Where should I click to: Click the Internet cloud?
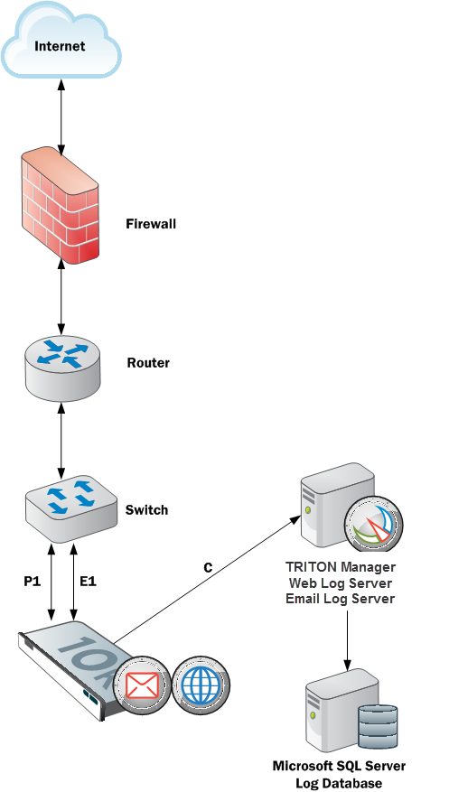click(61, 40)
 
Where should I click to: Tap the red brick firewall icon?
click(61, 205)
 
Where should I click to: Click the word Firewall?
click(151, 223)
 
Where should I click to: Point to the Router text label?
click(148, 363)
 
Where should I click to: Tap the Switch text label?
click(146, 509)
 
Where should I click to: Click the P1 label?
click(32, 582)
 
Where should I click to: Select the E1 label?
click(88, 582)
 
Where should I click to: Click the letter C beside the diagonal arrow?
click(208, 568)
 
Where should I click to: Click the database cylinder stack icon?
click(378, 726)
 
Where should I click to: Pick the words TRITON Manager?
click(341, 566)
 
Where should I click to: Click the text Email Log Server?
click(340, 599)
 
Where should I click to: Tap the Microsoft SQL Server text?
click(339, 766)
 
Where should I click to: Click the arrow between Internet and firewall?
click(61, 116)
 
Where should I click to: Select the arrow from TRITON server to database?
click(347, 641)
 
